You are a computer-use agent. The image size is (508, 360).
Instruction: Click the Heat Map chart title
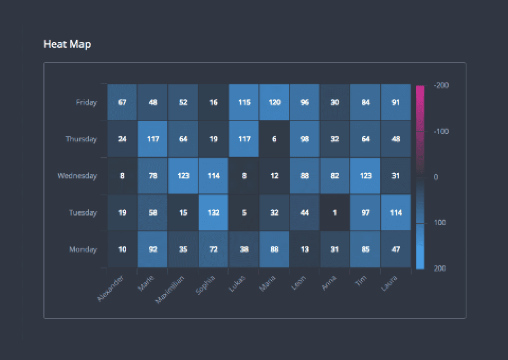point(67,44)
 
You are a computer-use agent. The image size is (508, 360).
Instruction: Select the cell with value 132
point(214,213)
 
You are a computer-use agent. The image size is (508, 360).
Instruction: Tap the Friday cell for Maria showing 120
point(275,102)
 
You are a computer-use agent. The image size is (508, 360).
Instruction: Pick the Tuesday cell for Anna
point(335,213)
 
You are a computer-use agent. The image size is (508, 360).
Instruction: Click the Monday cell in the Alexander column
point(122,249)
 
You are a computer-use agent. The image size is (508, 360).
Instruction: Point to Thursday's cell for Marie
point(153,139)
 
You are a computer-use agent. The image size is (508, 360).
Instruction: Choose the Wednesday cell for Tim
point(365,176)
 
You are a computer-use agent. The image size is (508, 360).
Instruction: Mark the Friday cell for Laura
point(395,102)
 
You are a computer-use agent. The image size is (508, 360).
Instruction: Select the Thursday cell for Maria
point(275,139)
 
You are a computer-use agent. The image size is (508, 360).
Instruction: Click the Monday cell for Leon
point(305,249)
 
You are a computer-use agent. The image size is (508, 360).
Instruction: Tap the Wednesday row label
point(77,176)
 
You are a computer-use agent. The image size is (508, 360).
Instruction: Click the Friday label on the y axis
point(87,103)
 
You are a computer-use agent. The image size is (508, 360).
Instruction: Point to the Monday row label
point(83,249)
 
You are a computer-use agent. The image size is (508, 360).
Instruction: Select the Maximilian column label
point(170,288)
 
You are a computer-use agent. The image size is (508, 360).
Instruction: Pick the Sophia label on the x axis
point(206,284)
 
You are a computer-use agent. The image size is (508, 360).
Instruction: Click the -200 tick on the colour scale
point(441,85)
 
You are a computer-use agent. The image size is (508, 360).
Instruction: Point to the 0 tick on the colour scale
point(436,177)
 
